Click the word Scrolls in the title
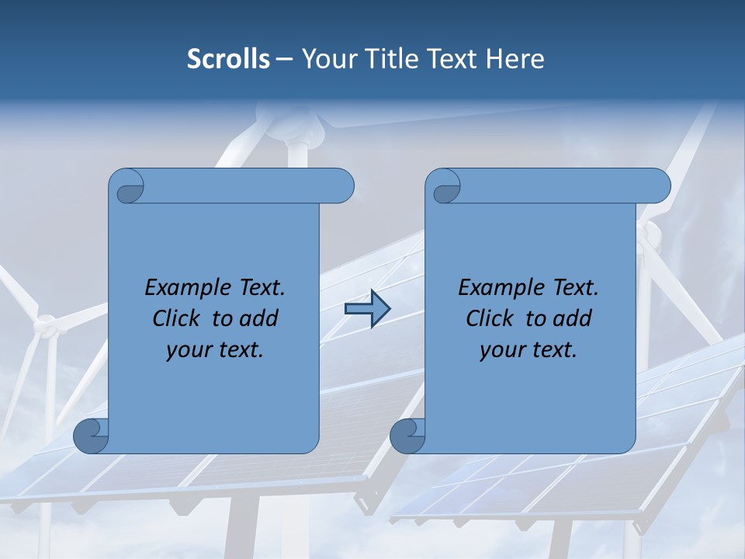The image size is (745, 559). [228, 59]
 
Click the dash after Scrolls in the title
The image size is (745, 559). [285, 60]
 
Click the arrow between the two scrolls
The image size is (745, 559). [367, 309]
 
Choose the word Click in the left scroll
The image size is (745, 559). [178, 318]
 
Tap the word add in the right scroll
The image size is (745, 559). [573, 318]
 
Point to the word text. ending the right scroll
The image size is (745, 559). [552, 350]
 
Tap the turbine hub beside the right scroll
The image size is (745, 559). [649, 231]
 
